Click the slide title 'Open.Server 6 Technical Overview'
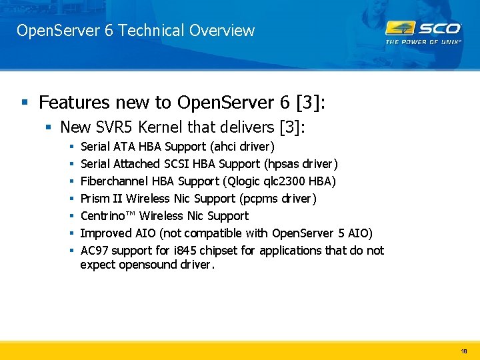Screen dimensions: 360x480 (x=135, y=31)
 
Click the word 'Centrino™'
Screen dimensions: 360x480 (x=108, y=215)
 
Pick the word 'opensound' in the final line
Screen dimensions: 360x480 (x=143, y=265)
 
